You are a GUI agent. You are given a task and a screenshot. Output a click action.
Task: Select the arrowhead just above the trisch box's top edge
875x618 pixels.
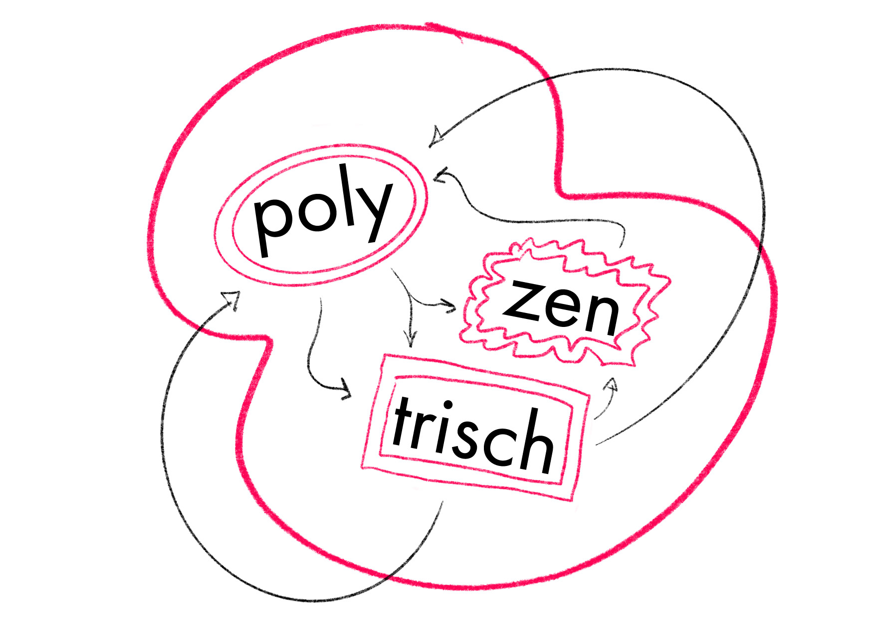(411, 341)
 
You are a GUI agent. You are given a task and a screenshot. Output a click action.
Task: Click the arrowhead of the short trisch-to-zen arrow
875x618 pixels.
(612, 385)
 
